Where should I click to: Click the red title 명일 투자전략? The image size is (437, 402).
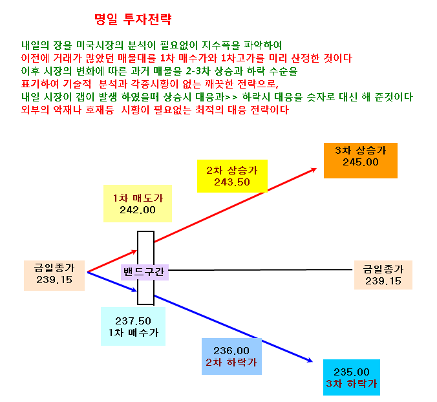point(133,19)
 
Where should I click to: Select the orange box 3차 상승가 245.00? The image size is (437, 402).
point(360,160)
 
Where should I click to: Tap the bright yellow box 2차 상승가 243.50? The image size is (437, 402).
point(232,176)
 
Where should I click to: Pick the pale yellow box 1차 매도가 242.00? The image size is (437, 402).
point(138,204)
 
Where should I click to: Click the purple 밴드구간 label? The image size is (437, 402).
point(145,272)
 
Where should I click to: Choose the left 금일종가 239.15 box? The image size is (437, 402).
point(54,275)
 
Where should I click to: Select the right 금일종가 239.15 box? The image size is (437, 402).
point(383,275)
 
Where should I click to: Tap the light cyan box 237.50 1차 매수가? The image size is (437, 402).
point(133,326)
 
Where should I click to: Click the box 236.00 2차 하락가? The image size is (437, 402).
point(231,356)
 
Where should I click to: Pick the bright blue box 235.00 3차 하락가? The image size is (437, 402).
point(352,377)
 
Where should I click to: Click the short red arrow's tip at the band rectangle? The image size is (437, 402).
point(137,251)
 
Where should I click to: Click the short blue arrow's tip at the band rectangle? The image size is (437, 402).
point(137,291)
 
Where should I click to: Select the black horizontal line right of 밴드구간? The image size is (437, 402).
point(261,270)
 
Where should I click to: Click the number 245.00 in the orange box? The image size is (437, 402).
point(360,162)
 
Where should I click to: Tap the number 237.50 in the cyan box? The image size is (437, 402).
point(133,321)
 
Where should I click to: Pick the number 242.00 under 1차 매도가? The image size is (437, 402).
point(138,210)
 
